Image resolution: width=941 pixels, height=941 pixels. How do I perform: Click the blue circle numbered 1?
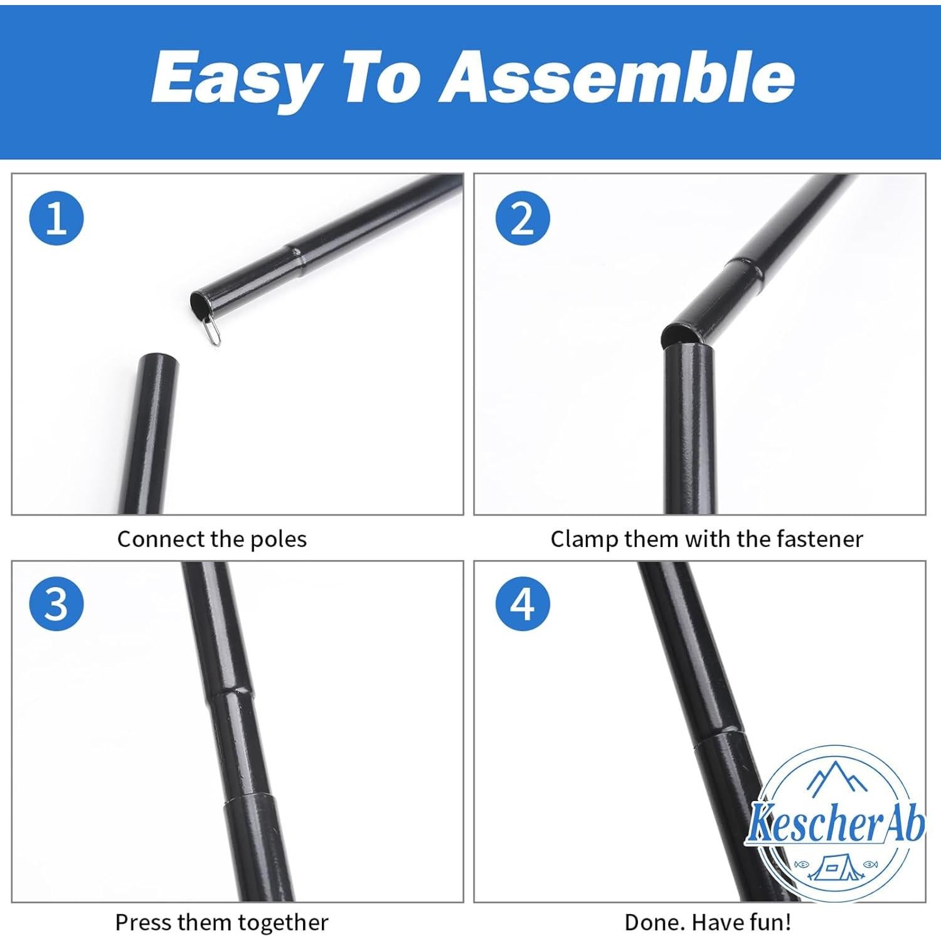tap(56, 219)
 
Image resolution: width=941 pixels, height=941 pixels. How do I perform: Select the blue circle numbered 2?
tap(523, 219)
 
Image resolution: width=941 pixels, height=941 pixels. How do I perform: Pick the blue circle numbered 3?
tap(56, 604)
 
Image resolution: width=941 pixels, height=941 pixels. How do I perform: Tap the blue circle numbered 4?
tap(523, 604)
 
